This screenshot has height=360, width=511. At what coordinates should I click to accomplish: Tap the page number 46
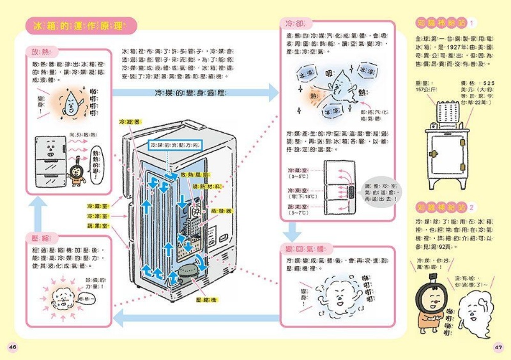click(12, 347)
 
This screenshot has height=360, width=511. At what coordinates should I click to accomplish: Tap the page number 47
click(500, 347)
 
